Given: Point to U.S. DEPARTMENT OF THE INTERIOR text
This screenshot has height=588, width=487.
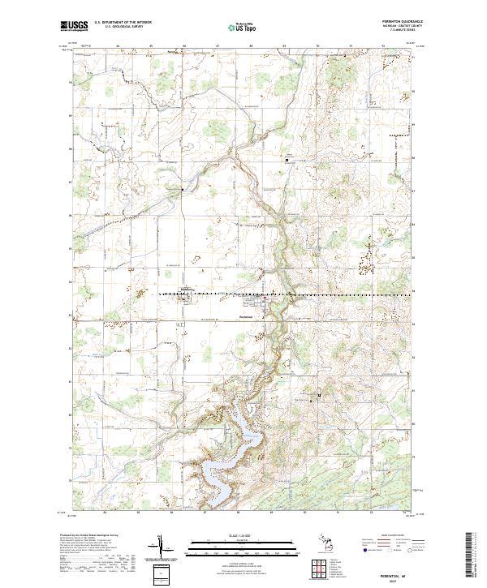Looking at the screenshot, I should pyautogui.click(x=122, y=22).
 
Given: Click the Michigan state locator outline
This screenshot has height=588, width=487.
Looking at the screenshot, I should pyautogui.click(x=321, y=544).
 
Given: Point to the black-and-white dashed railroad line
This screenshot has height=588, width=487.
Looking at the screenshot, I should pyautogui.click(x=325, y=294).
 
